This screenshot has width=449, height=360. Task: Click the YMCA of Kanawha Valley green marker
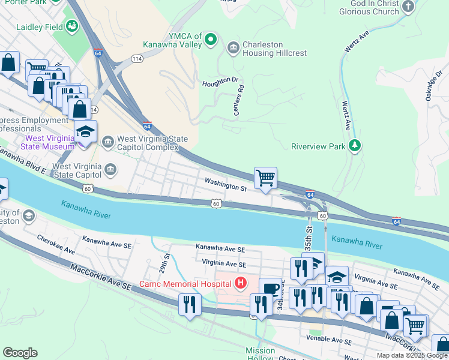tap(210, 40)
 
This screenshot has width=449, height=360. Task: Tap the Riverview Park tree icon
tap(355, 146)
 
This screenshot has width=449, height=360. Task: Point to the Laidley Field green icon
tap(72, 26)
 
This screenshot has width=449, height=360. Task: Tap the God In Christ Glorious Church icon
tap(408, 7)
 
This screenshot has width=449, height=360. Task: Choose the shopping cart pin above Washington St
tap(265, 178)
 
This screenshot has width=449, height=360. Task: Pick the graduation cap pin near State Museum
tap(85, 132)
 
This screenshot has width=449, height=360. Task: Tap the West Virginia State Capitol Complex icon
tap(108, 142)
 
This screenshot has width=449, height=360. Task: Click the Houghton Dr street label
tap(220, 82)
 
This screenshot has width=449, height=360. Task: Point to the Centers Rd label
tap(239, 100)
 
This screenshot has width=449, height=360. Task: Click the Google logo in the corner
tap(20, 352)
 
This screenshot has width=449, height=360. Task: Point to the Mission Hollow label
tap(260, 354)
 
